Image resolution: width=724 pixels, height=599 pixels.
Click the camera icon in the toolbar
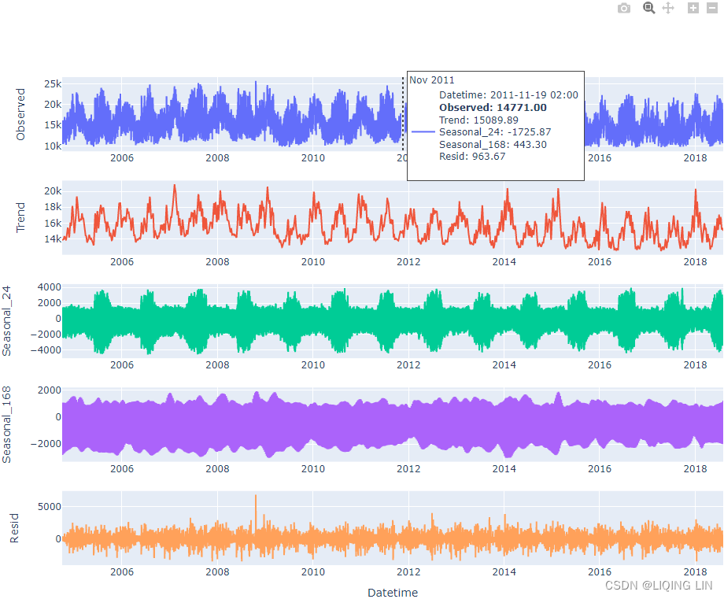(x=624, y=8)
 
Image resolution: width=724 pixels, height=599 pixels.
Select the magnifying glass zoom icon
(x=648, y=8)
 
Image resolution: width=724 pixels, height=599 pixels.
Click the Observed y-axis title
(x=21, y=114)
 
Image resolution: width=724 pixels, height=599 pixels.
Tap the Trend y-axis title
(x=21, y=218)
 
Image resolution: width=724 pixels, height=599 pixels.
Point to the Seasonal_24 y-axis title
(x=8, y=320)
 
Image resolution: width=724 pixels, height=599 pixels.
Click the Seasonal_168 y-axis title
(x=8, y=425)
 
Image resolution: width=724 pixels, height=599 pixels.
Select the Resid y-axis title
(x=14, y=529)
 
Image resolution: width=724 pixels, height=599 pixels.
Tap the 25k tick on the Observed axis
(x=53, y=83)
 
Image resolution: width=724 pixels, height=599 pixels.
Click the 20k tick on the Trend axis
(x=53, y=191)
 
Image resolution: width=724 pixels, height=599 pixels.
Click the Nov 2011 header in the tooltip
(x=432, y=80)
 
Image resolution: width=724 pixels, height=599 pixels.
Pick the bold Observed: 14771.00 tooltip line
(x=493, y=108)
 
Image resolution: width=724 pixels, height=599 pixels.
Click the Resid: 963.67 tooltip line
(x=472, y=157)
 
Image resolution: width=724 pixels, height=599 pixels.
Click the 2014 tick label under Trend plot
(x=504, y=262)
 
